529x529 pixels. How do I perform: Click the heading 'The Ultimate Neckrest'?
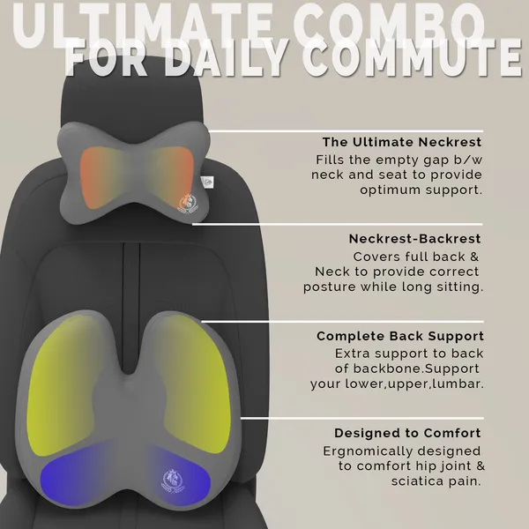402,142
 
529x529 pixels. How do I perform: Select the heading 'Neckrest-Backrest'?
414,239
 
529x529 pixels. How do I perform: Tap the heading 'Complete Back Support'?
400,336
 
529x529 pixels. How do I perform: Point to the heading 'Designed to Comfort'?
407,433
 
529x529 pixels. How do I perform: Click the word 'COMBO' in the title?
389,26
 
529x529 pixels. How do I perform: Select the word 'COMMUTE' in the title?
412,58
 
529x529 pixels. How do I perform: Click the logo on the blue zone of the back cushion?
174,481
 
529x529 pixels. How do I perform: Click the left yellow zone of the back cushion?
61,384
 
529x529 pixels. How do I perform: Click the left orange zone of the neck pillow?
96,177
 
